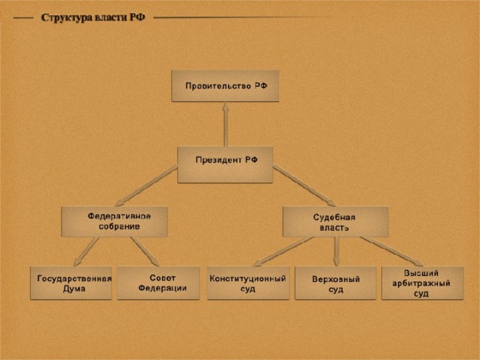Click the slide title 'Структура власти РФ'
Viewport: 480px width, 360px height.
coord(93,16)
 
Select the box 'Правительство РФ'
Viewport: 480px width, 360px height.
coord(226,87)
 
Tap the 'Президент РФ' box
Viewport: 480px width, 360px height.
coord(225,164)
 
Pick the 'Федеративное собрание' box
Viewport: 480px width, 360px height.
coord(114,221)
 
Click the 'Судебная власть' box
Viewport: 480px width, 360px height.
coord(334,221)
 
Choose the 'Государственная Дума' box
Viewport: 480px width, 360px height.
coord(71,283)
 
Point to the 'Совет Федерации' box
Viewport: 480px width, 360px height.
coord(159,283)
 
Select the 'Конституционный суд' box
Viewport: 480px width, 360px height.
coord(248,283)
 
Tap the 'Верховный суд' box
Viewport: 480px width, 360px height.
coord(336,283)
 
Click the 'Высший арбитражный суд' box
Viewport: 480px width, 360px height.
coord(422,283)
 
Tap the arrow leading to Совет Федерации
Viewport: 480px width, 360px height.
coord(145,251)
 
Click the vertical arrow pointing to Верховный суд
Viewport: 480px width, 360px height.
coord(335,251)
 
